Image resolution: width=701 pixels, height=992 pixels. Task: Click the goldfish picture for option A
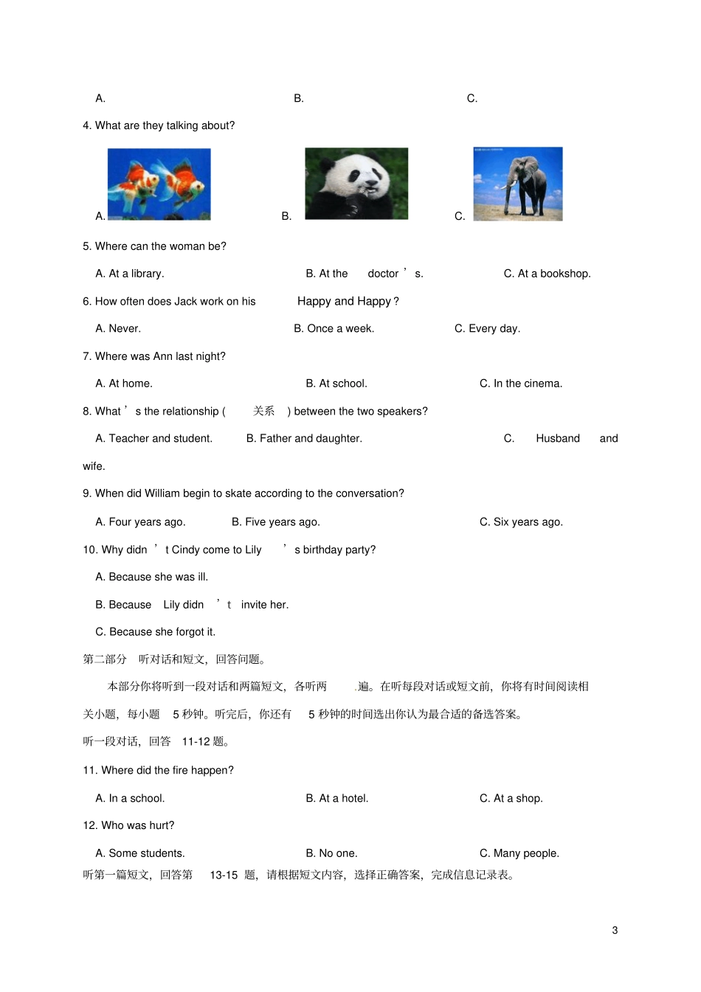tap(159, 184)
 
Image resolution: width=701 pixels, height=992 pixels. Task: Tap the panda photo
tap(356, 184)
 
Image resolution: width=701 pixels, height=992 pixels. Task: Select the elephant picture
tap(517, 184)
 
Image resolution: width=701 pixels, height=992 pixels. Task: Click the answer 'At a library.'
tap(137, 274)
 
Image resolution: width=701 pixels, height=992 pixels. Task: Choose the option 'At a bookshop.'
tap(554, 274)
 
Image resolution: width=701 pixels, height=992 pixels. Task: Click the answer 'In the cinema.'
tap(528, 384)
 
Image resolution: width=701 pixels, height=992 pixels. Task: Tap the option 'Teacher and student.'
tap(160, 439)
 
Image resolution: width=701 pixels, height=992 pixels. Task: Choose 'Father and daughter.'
tap(311, 439)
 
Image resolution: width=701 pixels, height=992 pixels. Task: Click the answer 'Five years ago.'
tap(282, 522)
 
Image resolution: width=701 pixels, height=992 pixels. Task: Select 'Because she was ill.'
tap(158, 577)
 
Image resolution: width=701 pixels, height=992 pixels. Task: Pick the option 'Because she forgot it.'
tap(162, 632)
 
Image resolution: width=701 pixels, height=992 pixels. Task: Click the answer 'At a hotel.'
tap(343, 799)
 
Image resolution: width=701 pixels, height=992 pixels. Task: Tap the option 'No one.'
tap(338, 853)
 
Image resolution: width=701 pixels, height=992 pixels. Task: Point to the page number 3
tap(615, 931)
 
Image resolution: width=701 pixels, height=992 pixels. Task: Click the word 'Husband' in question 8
tap(558, 439)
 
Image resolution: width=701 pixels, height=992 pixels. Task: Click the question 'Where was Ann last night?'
tap(160, 356)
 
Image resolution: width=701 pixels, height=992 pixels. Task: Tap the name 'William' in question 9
tap(162, 493)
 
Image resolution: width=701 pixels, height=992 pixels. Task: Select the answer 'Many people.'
tap(526, 853)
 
